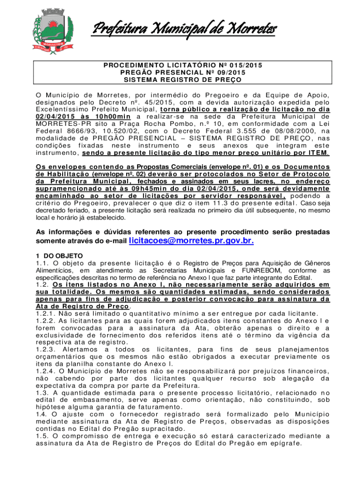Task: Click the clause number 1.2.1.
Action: [46, 313]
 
